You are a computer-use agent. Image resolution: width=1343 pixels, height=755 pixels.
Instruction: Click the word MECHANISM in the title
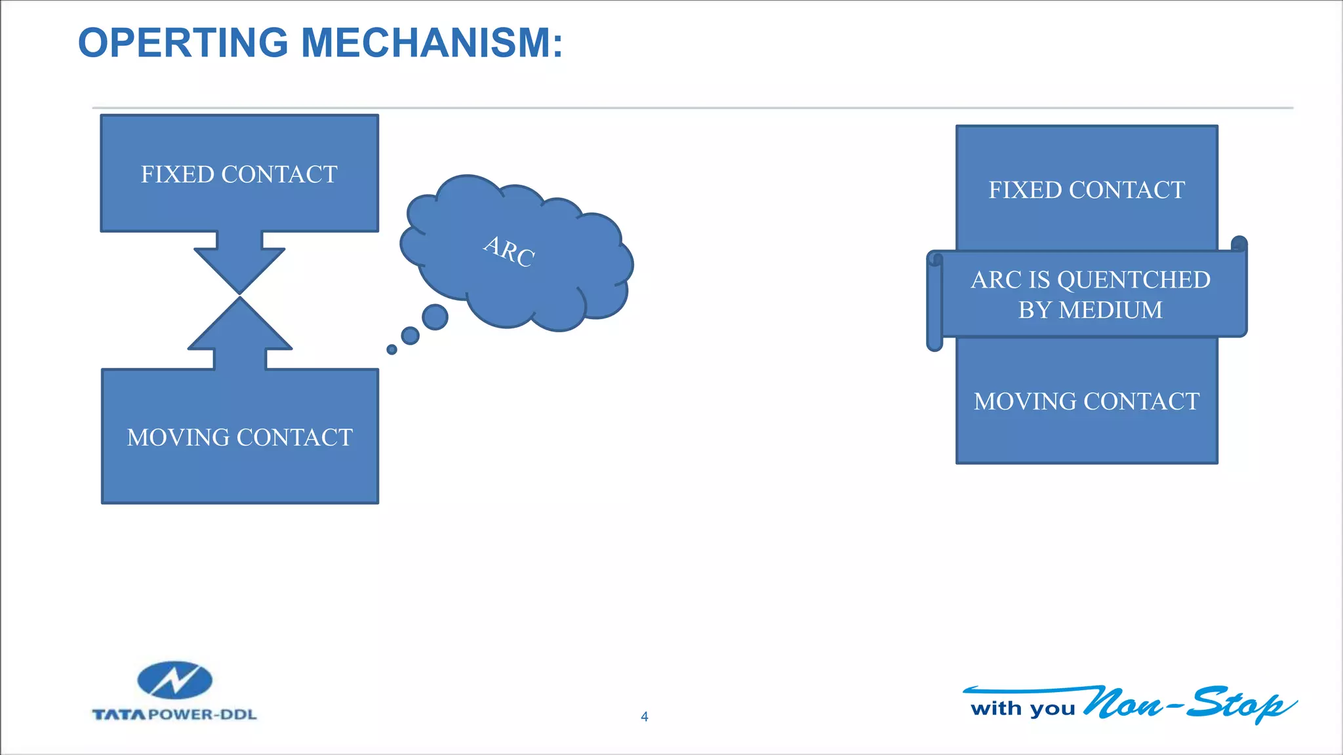coord(431,43)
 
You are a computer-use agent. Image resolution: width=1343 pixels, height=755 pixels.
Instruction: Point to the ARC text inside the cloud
coord(510,252)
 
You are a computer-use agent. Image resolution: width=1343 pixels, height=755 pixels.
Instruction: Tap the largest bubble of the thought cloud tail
coord(435,317)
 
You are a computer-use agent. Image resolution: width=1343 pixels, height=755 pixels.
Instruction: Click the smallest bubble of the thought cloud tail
coord(391,349)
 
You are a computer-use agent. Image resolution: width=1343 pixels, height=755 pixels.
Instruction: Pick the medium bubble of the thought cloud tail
coord(411,336)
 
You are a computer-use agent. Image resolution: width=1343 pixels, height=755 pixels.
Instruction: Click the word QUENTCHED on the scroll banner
coord(1134,280)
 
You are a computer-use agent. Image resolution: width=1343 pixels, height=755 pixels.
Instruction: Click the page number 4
coord(645,717)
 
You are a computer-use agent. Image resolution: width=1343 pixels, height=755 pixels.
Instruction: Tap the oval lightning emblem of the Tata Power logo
coord(175,680)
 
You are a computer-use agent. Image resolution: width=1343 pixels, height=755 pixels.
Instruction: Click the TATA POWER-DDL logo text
coord(174,714)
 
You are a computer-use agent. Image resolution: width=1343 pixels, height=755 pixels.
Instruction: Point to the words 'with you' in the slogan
coord(1022,708)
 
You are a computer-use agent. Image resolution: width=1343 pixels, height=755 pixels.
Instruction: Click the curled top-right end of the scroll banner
coord(1239,244)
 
